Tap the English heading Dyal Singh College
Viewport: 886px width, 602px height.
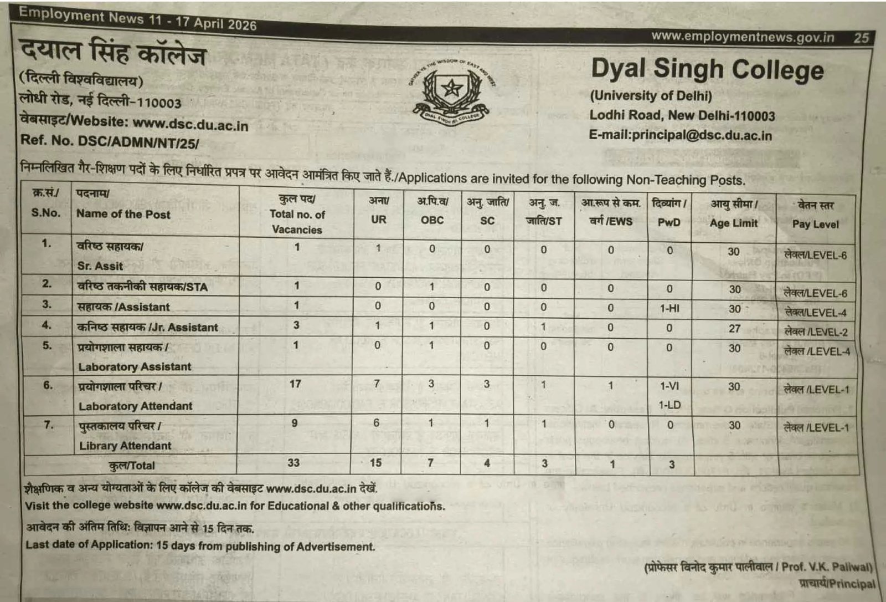tap(707, 70)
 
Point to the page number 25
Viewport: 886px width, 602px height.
tap(861, 38)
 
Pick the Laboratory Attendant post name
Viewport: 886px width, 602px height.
tap(135, 406)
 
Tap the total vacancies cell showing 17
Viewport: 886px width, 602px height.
tap(295, 384)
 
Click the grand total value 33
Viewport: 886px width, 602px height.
tap(293, 462)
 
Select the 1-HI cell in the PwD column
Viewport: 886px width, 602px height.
tap(669, 308)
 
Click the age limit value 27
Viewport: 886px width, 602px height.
tap(734, 328)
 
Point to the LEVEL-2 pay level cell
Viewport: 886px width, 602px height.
tap(816, 331)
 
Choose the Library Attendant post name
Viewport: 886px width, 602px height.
tap(125, 446)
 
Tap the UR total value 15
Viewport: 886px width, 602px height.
tap(376, 462)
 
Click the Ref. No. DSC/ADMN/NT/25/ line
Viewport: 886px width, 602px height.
tap(109, 141)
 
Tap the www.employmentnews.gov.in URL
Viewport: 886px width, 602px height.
tap(743, 37)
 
